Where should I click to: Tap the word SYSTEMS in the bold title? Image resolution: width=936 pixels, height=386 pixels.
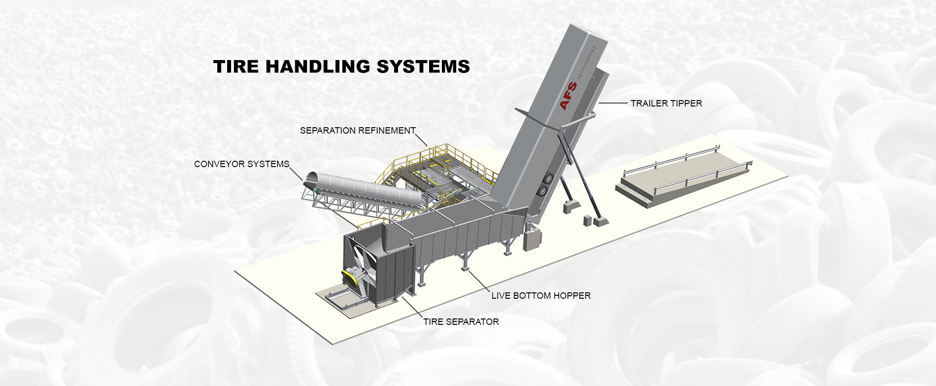pyautogui.click(x=423, y=67)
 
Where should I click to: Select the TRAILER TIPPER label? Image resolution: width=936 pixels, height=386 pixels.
pyautogui.click(x=666, y=104)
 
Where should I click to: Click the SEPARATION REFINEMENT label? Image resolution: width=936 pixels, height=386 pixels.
pyautogui.click(x=358, y=131)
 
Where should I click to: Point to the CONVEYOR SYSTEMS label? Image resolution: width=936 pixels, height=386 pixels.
pyautogui.click(x=241, y=164)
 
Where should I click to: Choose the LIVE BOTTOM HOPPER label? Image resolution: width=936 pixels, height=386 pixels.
pyautogui.click(x=540, y=296)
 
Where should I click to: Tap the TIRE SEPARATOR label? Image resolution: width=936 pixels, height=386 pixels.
pyautogui.click(x=461, y=322)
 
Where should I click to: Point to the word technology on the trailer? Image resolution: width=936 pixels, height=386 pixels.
pyautogui.click(x=586, y=62)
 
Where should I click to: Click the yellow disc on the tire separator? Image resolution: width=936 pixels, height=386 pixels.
pyautogui.click(x=351, y=277)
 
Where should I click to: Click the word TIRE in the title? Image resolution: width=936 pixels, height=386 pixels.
pyautogui.click(x=236, y=67)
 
